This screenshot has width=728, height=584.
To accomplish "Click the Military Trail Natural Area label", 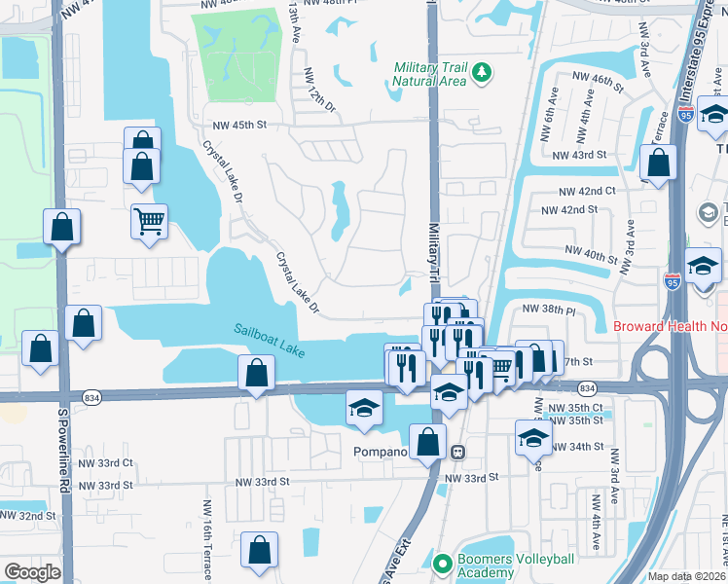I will pyautogui.click(x=430, y=75).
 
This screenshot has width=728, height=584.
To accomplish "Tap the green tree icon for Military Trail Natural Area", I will pyautogui.click(x=481, y=72).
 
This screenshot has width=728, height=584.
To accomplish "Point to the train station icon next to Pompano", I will pyautogui.click(x=456, y=453).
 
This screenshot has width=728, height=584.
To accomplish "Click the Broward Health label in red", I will pyautogui.click(x=671, y=327).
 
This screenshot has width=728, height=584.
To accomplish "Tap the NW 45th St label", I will pyautogui.click(x=239, y=125).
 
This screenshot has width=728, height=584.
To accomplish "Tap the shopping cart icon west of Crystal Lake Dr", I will pyautogui.click(x=149, y=221).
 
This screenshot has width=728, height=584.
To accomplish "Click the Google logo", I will pyautogui.click(x=32, y=572).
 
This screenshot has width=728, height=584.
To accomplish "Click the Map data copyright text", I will pyautogui.click(x=687, y=576).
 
